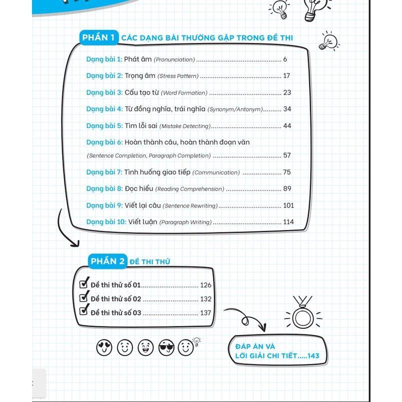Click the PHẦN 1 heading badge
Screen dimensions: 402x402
click(98, 38)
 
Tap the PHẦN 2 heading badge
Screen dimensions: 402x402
click(107, 261)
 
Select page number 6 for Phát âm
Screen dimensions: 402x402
click(285, 59)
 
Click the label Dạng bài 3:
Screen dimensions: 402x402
click(104, 92)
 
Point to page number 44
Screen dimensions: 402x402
click(286, 126)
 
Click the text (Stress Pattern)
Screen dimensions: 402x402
click(178, 76)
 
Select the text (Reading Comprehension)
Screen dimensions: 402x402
click(189, 189)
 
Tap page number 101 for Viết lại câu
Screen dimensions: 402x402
click(288, 205)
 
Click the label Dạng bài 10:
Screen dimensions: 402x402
click(106, 222)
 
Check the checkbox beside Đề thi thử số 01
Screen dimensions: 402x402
click(84, 284)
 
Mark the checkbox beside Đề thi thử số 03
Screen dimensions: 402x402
click(84, 311)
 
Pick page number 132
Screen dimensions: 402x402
click(205, 299)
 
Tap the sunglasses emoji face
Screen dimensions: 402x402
click(166, 346)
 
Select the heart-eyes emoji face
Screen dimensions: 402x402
click(104, 346)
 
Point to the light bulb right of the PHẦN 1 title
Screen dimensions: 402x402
click(329, 41)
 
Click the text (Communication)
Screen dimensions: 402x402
click(216, 172)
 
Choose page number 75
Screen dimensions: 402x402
click(286, 172)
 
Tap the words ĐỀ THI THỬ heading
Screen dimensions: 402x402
click(150, 261)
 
